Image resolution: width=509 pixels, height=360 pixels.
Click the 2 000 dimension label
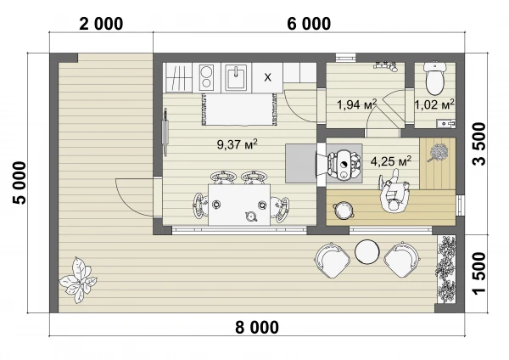pos(101,24)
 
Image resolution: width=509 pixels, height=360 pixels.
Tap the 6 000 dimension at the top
pos(309,24)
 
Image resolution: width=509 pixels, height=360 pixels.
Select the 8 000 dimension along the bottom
pos(257,327)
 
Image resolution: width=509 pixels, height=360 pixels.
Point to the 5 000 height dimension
pos(20,183)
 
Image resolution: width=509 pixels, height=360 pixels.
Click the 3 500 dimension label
pos(479,144)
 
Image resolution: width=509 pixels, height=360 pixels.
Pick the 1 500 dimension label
pos(479,273)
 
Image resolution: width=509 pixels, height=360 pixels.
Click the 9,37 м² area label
pos(238,144)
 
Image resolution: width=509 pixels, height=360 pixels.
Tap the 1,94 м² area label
pos(357,104)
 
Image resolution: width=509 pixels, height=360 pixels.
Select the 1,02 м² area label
pos(434,104)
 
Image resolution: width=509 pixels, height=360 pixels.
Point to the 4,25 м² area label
pos(391,161)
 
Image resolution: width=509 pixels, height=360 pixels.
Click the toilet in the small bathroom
pos(435,78)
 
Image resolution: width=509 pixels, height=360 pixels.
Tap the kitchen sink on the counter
pos(236,77)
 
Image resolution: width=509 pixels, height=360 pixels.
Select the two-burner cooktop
pos(206,77)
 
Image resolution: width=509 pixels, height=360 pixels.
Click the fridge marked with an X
pos(267,77)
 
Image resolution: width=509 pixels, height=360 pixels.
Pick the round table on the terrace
pos(367,252)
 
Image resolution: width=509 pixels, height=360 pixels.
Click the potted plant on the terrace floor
pos(78,280)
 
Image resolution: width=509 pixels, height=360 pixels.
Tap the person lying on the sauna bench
pos(394,193)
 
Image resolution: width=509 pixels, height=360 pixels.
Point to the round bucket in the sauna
pos(343,211)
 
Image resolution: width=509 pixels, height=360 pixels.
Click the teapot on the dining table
pos(251,217)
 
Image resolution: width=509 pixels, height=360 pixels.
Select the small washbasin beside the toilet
pos(445,124)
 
